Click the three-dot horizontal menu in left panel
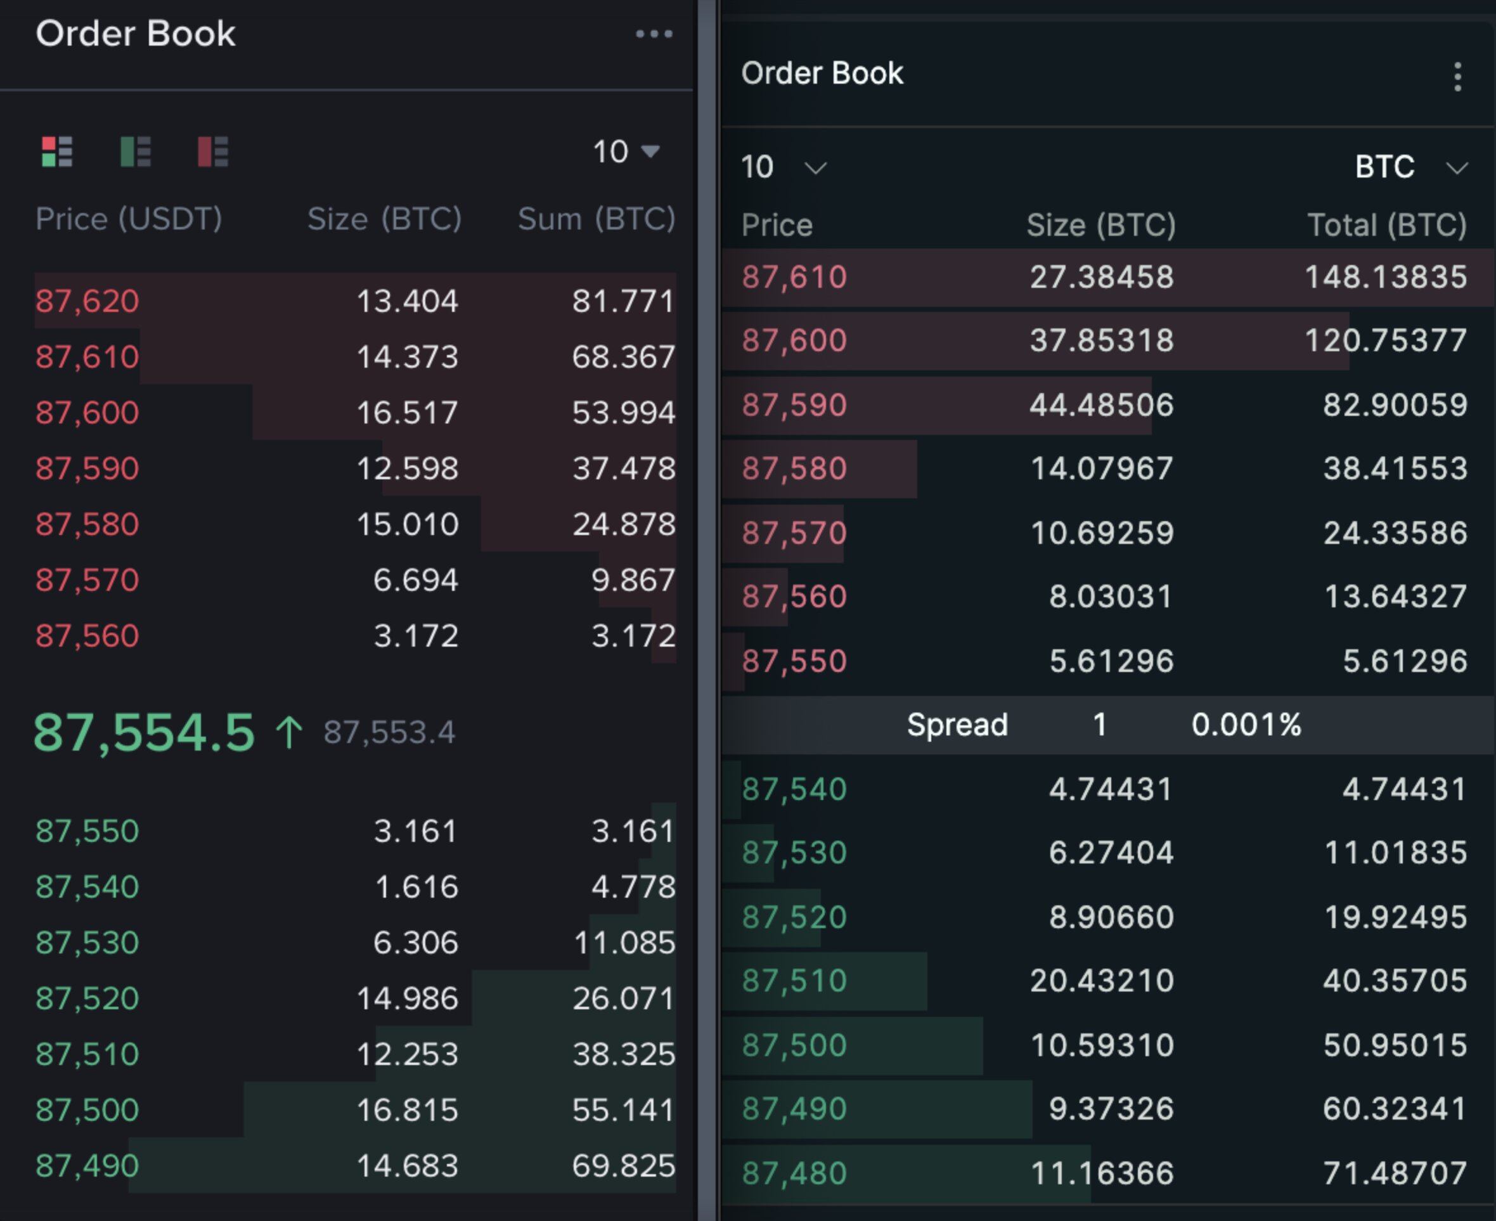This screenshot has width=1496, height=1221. click(x=654, y=34)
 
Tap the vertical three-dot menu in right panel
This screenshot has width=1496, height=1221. click(x=1457, y=77)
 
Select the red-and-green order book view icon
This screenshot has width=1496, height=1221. click(x=57, y=152)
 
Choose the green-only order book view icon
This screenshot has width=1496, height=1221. click(x=135, y=152)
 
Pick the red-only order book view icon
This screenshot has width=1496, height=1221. click(x=212, y=152)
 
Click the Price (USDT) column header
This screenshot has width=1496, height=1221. click(x=129, y=219)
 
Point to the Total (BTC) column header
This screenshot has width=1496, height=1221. click(x=1386, y=225)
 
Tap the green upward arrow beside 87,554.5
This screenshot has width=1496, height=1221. click(x=288, y=732)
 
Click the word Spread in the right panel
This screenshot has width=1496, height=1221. click(x=957, y=725)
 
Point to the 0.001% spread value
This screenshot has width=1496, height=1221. click(x=1246, y=725)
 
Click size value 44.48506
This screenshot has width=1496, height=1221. click(x=1102, y=405)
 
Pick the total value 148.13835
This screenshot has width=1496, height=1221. click(x=1386, y=277)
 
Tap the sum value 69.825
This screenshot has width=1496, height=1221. click(x=623, y=1166)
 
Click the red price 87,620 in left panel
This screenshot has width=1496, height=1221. click(x=87, y=301)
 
